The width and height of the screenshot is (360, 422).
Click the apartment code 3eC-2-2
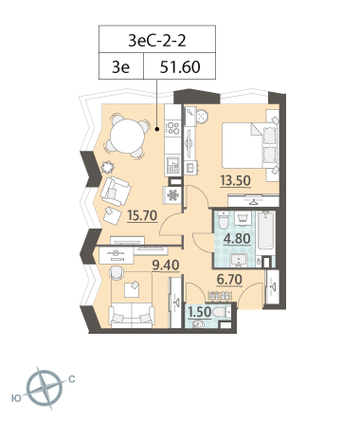157,41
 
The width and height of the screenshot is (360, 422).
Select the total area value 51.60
180,67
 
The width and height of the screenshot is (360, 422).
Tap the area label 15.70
142,215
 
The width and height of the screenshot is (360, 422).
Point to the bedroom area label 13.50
235,181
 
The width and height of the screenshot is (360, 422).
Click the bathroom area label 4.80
237,239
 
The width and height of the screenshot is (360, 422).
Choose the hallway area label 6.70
229,280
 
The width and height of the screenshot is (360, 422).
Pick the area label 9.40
166,266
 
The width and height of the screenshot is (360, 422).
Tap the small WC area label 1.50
199,312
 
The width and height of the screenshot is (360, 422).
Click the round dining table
128,136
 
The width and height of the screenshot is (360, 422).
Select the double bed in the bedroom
250,145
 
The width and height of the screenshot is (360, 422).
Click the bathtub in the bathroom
266,230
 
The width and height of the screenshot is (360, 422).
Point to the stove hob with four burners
172,128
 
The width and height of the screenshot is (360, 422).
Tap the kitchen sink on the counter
172,165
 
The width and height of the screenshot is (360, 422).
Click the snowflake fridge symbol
172,195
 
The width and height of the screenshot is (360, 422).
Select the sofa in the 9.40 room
132,315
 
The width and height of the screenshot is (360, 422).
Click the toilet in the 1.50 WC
223,313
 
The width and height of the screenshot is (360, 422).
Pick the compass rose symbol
45,389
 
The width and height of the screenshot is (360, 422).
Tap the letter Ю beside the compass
16,398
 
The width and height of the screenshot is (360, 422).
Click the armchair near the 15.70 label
116,192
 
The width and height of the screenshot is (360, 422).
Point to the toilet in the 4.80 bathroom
224,221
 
